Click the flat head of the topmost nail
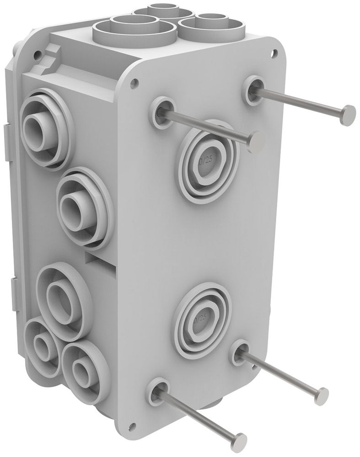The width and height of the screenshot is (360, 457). coord(349,115)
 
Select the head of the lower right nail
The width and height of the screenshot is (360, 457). coord(322,396)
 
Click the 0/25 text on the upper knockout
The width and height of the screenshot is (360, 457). coord(205,161)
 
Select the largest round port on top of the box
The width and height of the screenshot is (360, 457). coord(134,28)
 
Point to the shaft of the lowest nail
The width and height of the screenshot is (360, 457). coord(197,416)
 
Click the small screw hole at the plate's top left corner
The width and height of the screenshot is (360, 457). coord(134,84)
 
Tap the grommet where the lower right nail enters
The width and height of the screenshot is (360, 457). coord(239,353)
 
